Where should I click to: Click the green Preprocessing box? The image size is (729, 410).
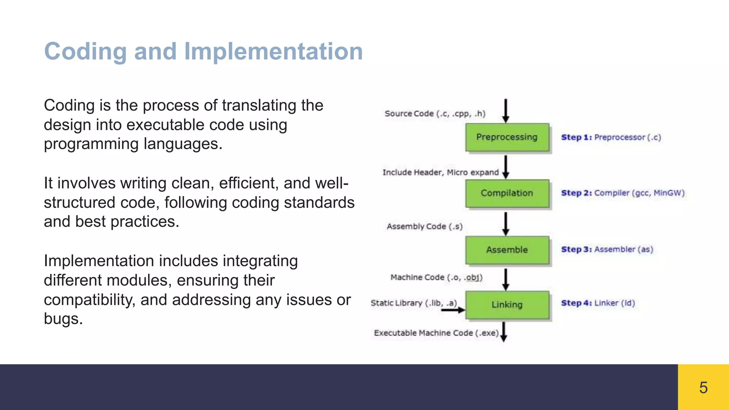507,137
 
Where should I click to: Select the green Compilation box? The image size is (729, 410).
507,193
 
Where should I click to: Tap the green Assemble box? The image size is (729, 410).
507,250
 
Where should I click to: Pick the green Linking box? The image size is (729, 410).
507,305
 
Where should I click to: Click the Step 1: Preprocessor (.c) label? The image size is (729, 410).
611,137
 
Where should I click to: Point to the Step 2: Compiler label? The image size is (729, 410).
623,193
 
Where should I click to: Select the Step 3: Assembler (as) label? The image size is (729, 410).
607,249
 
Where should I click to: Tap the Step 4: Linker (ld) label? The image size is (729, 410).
598,303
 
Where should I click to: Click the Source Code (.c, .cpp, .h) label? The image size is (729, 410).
435,114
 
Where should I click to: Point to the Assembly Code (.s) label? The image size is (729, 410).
424,226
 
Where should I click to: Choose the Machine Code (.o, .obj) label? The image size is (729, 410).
436,277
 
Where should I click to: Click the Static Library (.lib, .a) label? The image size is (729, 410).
413,303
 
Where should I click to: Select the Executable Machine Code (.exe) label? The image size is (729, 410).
436,333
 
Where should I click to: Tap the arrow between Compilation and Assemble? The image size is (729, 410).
505,224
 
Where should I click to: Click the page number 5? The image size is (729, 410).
703,387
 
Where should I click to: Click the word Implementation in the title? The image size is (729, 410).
273,51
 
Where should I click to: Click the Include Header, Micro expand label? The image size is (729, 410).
440,172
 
